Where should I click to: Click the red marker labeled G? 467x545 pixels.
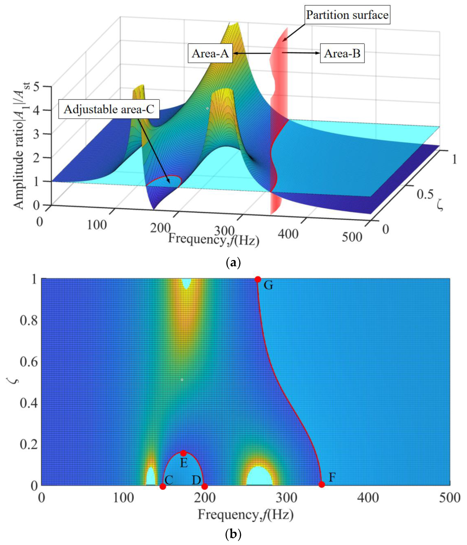pyautogui.click(x=258, y=279)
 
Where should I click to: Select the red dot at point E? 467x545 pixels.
pyautogui.click(x=184, y=453)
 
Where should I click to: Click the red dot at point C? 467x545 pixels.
pyautogui.click(x=163, y=486)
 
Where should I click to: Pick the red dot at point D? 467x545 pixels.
pyautogui.click(x=204, y=486)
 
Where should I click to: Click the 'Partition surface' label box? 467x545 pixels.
pyautogui.click(x=347, y=15)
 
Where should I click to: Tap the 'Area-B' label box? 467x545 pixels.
pyautogui.click(x=342, y=53)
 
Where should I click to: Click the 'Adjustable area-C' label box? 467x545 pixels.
pyautogui.click(x=109, y=109)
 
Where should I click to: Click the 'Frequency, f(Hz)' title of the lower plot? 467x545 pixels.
pyautogui.click(x=246, y=515)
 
